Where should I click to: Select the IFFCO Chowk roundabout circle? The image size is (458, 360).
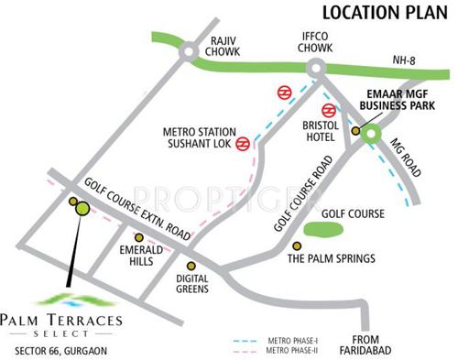(x=317, y=67)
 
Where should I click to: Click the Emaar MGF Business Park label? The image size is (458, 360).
(x=402, y=99)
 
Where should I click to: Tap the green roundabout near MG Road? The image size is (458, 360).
(x=371, y=133)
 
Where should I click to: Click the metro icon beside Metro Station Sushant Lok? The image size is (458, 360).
(x=244, y=143)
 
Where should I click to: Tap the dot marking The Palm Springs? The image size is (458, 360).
(x=296, y=245)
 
